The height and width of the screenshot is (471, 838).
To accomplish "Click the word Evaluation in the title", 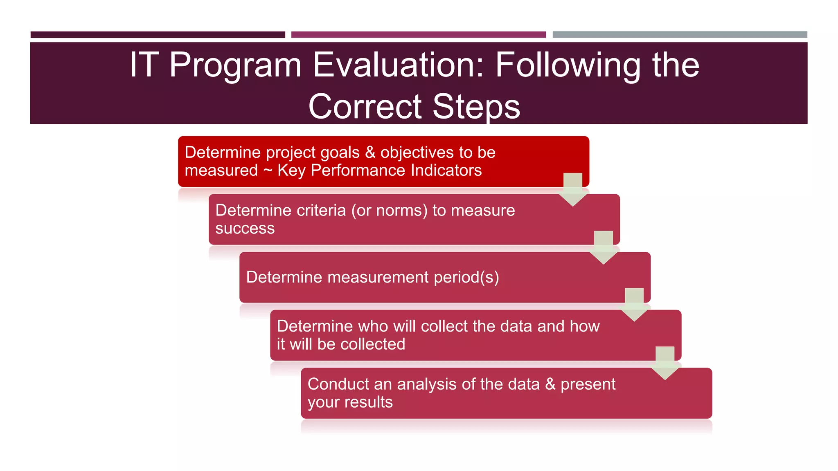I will click(399, 65).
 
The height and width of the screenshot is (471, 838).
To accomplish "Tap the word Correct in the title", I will click(365, 106).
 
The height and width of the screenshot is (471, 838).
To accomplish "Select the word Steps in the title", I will click(476, 106).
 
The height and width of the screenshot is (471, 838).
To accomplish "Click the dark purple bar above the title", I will click(158, 35).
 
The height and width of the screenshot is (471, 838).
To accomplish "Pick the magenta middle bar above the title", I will click(418, 35).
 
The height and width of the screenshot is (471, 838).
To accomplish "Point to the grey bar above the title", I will click(680, 35).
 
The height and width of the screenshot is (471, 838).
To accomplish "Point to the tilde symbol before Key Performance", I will click(268, 170).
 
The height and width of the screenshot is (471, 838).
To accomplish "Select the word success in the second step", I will click(245, 229).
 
